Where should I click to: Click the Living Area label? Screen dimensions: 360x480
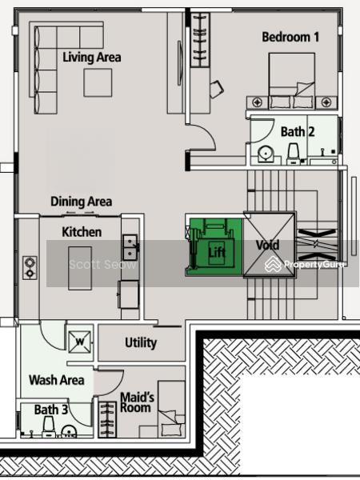(91, 58)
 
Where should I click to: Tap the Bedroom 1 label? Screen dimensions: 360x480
(290, 37)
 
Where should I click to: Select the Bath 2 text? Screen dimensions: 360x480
(298, 132)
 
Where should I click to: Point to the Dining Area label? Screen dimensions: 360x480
(81, 202)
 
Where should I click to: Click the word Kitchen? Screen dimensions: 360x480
(82, 232)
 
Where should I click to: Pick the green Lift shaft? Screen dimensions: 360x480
(215, 247)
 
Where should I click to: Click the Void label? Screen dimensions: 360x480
(267, 245)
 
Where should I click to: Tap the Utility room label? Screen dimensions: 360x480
(141, 343)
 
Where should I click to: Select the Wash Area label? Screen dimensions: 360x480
(56, 380)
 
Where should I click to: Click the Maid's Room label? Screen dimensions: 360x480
(137, 402)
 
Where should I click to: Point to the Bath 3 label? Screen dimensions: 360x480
(51, 410)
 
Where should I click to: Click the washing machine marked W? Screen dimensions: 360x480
(79, 342)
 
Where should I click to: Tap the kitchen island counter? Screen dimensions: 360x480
(80, 268)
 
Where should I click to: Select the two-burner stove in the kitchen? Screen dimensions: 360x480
(30, 268)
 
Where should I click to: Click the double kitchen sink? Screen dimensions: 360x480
(130, 247)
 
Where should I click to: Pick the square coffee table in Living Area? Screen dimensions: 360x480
(98, 82)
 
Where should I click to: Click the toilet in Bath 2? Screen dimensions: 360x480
(294, 154)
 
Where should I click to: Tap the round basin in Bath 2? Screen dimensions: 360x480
(266, 154)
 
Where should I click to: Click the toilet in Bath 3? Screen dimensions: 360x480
(49, 426)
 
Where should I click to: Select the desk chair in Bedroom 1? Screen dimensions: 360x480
(217, 89)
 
